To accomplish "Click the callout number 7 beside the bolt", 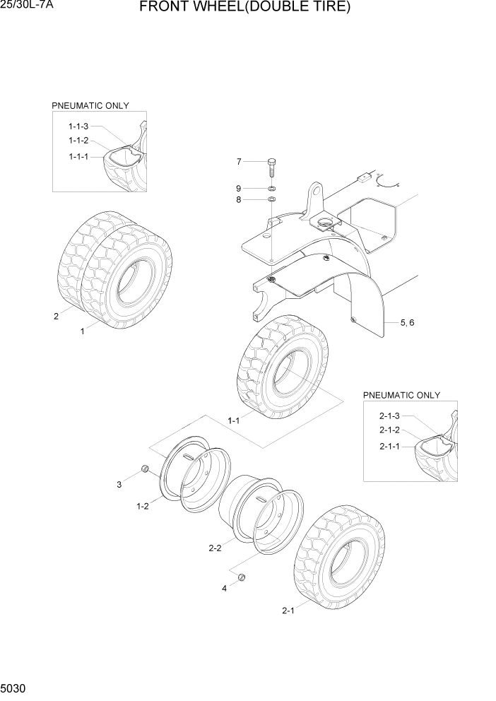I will pos(239,162).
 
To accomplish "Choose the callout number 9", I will pos(239,188).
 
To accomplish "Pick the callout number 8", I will pos(239,200).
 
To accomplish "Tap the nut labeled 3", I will pos(144,468).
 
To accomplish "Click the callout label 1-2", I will pos(142,506).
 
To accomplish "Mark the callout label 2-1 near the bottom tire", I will pos(288,611).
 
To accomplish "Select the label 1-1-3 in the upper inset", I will pos(78,126).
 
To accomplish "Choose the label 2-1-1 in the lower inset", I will pos(389,446).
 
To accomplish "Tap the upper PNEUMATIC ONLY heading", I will pos(90,105).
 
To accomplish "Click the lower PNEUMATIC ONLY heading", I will pos(401,395).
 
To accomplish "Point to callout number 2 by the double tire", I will pos(57,316).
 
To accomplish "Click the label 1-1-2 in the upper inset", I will pos(78,141).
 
